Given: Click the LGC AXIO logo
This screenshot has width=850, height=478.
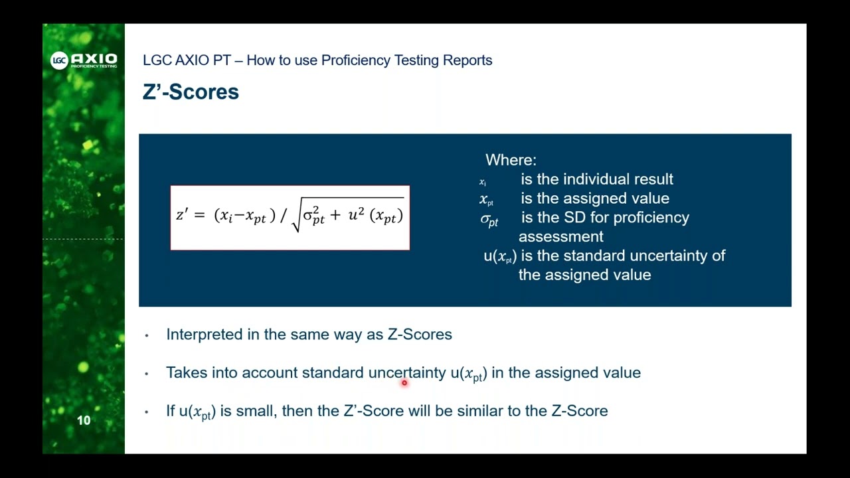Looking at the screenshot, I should click(x=84, y=60).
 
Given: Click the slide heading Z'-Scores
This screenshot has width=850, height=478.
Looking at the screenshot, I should click(x=191, y=92).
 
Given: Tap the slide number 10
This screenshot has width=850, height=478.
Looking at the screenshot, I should click(x=84, y=420).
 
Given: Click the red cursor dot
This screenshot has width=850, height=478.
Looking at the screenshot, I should click(x=404, y=383).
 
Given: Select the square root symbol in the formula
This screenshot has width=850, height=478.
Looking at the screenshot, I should click(x=297, y=220).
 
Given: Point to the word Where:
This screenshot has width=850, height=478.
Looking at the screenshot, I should click(x=511, y=160).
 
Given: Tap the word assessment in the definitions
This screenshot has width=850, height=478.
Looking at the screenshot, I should click(x=560, y=236).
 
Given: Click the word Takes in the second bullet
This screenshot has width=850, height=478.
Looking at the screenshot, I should click(x=187, y=373).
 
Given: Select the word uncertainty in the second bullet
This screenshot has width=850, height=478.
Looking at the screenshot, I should click(x=407, y=373).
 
